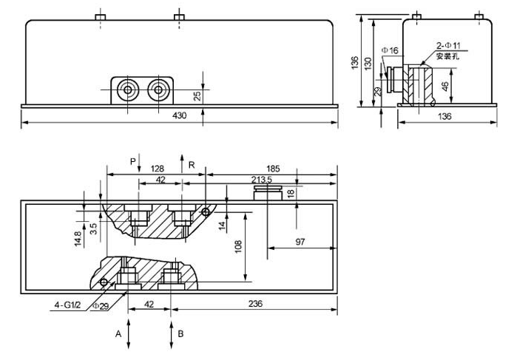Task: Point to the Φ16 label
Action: point(390,50)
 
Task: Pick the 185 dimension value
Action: point(271,168)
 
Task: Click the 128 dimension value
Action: point(158,168)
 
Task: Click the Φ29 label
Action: point(101,307)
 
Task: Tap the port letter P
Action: point(133,161)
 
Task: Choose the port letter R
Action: point(192,165)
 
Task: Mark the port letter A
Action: point(118,333)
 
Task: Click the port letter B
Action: point(180,333)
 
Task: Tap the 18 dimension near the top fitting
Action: point(290,193)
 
